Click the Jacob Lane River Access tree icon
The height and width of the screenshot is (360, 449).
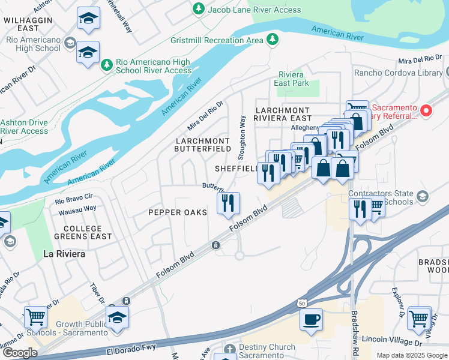[199, 9]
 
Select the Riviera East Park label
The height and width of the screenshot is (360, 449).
[293, 79]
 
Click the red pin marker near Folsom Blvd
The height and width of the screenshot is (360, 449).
[426, 110]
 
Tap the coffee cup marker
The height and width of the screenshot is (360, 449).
[311, 320]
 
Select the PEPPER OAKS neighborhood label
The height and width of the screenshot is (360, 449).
[178, 212]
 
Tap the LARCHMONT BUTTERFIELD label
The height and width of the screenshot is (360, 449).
[203, 144]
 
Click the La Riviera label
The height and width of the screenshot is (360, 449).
[64, 254]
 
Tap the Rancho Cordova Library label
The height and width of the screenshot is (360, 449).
[399, 73]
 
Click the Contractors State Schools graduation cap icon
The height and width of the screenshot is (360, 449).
[423, 197]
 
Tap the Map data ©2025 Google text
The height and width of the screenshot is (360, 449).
[411, 355]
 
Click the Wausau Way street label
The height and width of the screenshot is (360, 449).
[77, 209]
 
